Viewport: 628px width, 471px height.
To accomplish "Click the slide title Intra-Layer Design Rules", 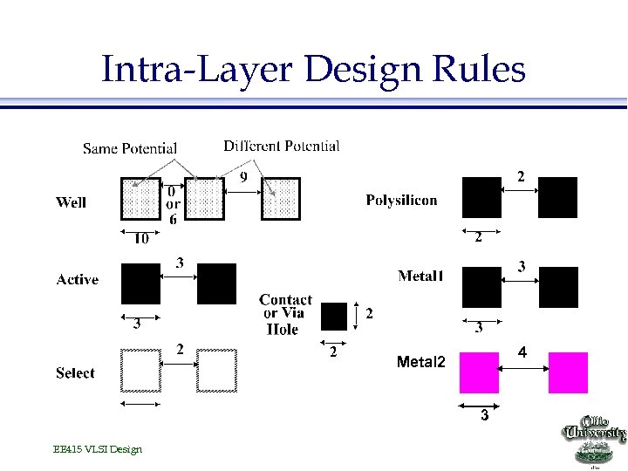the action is pyautogui.click(x=313, y=68).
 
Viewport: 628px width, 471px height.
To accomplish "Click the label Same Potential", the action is pyautogui.click(x=130, y=149).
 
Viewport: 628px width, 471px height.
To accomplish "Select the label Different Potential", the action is pyautogui.click(x=282, y=146).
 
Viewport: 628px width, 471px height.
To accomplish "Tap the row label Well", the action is pyautogui.click(x=71, y=202).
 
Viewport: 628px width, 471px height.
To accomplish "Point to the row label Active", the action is pyautogui.click(x=77, y=280).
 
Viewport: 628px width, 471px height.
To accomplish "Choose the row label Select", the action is pyautogui.click(x=75, y=373).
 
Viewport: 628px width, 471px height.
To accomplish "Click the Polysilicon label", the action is pyautogui.click(x=401, y=201).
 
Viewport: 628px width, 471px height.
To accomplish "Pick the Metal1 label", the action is pyautogui.click(x=420, y=276).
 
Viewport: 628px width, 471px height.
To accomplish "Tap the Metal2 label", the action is pyautogui.click(x=420, y=362).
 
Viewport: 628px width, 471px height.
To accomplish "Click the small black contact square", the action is pyautogui.click(x=333, y=316).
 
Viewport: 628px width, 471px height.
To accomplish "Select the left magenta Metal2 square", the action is pyautogui.click(x=479, y=372).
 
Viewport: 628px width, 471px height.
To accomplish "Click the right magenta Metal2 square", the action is pyautogui.click(x=568, y=372).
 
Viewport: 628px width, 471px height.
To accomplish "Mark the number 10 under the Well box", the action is pyautogui.click(x=140, y=238).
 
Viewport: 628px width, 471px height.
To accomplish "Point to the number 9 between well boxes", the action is pyautogui.click(x=243, y=177).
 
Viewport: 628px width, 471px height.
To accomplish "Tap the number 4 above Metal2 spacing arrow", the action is pyautogui.click(x=522, y=352).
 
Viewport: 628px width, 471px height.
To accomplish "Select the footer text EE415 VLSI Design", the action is pyautogui.click(x=97, y=449).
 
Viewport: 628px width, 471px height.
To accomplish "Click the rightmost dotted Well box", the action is pyautogui.click(x=280, y=199).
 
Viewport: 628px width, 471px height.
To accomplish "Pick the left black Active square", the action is pyautogui.click(x=141, y=283).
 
